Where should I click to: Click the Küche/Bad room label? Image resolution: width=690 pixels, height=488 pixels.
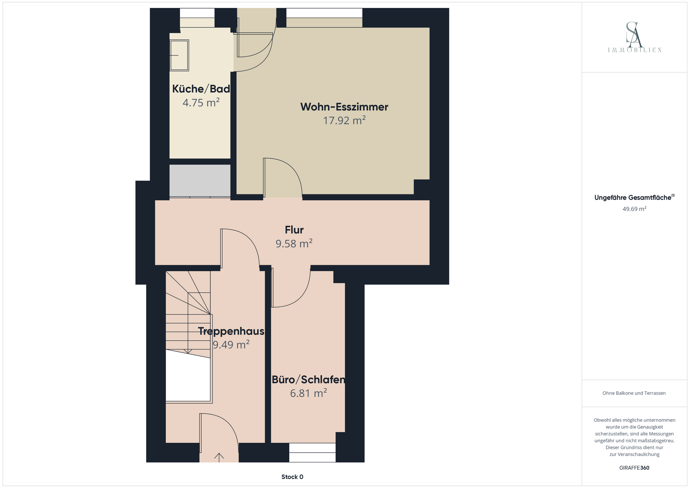click(x=201, y=89)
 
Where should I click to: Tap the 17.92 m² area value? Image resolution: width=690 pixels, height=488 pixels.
click(x=344, y=120)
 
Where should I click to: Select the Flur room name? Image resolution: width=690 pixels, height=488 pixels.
click(x=294, y=230)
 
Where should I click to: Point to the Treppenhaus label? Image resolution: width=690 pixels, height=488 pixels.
click(x=231, y=331)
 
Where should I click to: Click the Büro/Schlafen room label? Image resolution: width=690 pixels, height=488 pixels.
click(x=308, y=380)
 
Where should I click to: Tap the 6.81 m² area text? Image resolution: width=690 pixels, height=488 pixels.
click(x=308, y=393)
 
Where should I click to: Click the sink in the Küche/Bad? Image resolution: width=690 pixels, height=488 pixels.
click(x=179, y=55)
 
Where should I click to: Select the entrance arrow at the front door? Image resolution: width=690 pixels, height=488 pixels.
click(x=219, y=457)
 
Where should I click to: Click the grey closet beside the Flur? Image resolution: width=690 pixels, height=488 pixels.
click(x=200, y=180)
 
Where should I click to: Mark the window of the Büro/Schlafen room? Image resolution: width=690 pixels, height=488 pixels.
click(x=312, y=453)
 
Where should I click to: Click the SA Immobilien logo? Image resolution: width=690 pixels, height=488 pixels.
click(x=634, y=37)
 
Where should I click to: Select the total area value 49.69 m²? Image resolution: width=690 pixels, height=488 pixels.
click(x=634, y=209)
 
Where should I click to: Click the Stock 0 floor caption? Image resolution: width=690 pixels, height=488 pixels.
click(x=292, y=477)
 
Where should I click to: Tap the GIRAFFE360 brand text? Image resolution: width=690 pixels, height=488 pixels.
click(x=634, y=468)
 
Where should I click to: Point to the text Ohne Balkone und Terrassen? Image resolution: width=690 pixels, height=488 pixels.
click(x=634, y=393)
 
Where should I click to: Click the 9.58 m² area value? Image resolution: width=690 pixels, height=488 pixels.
click(x=294, y=244)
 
